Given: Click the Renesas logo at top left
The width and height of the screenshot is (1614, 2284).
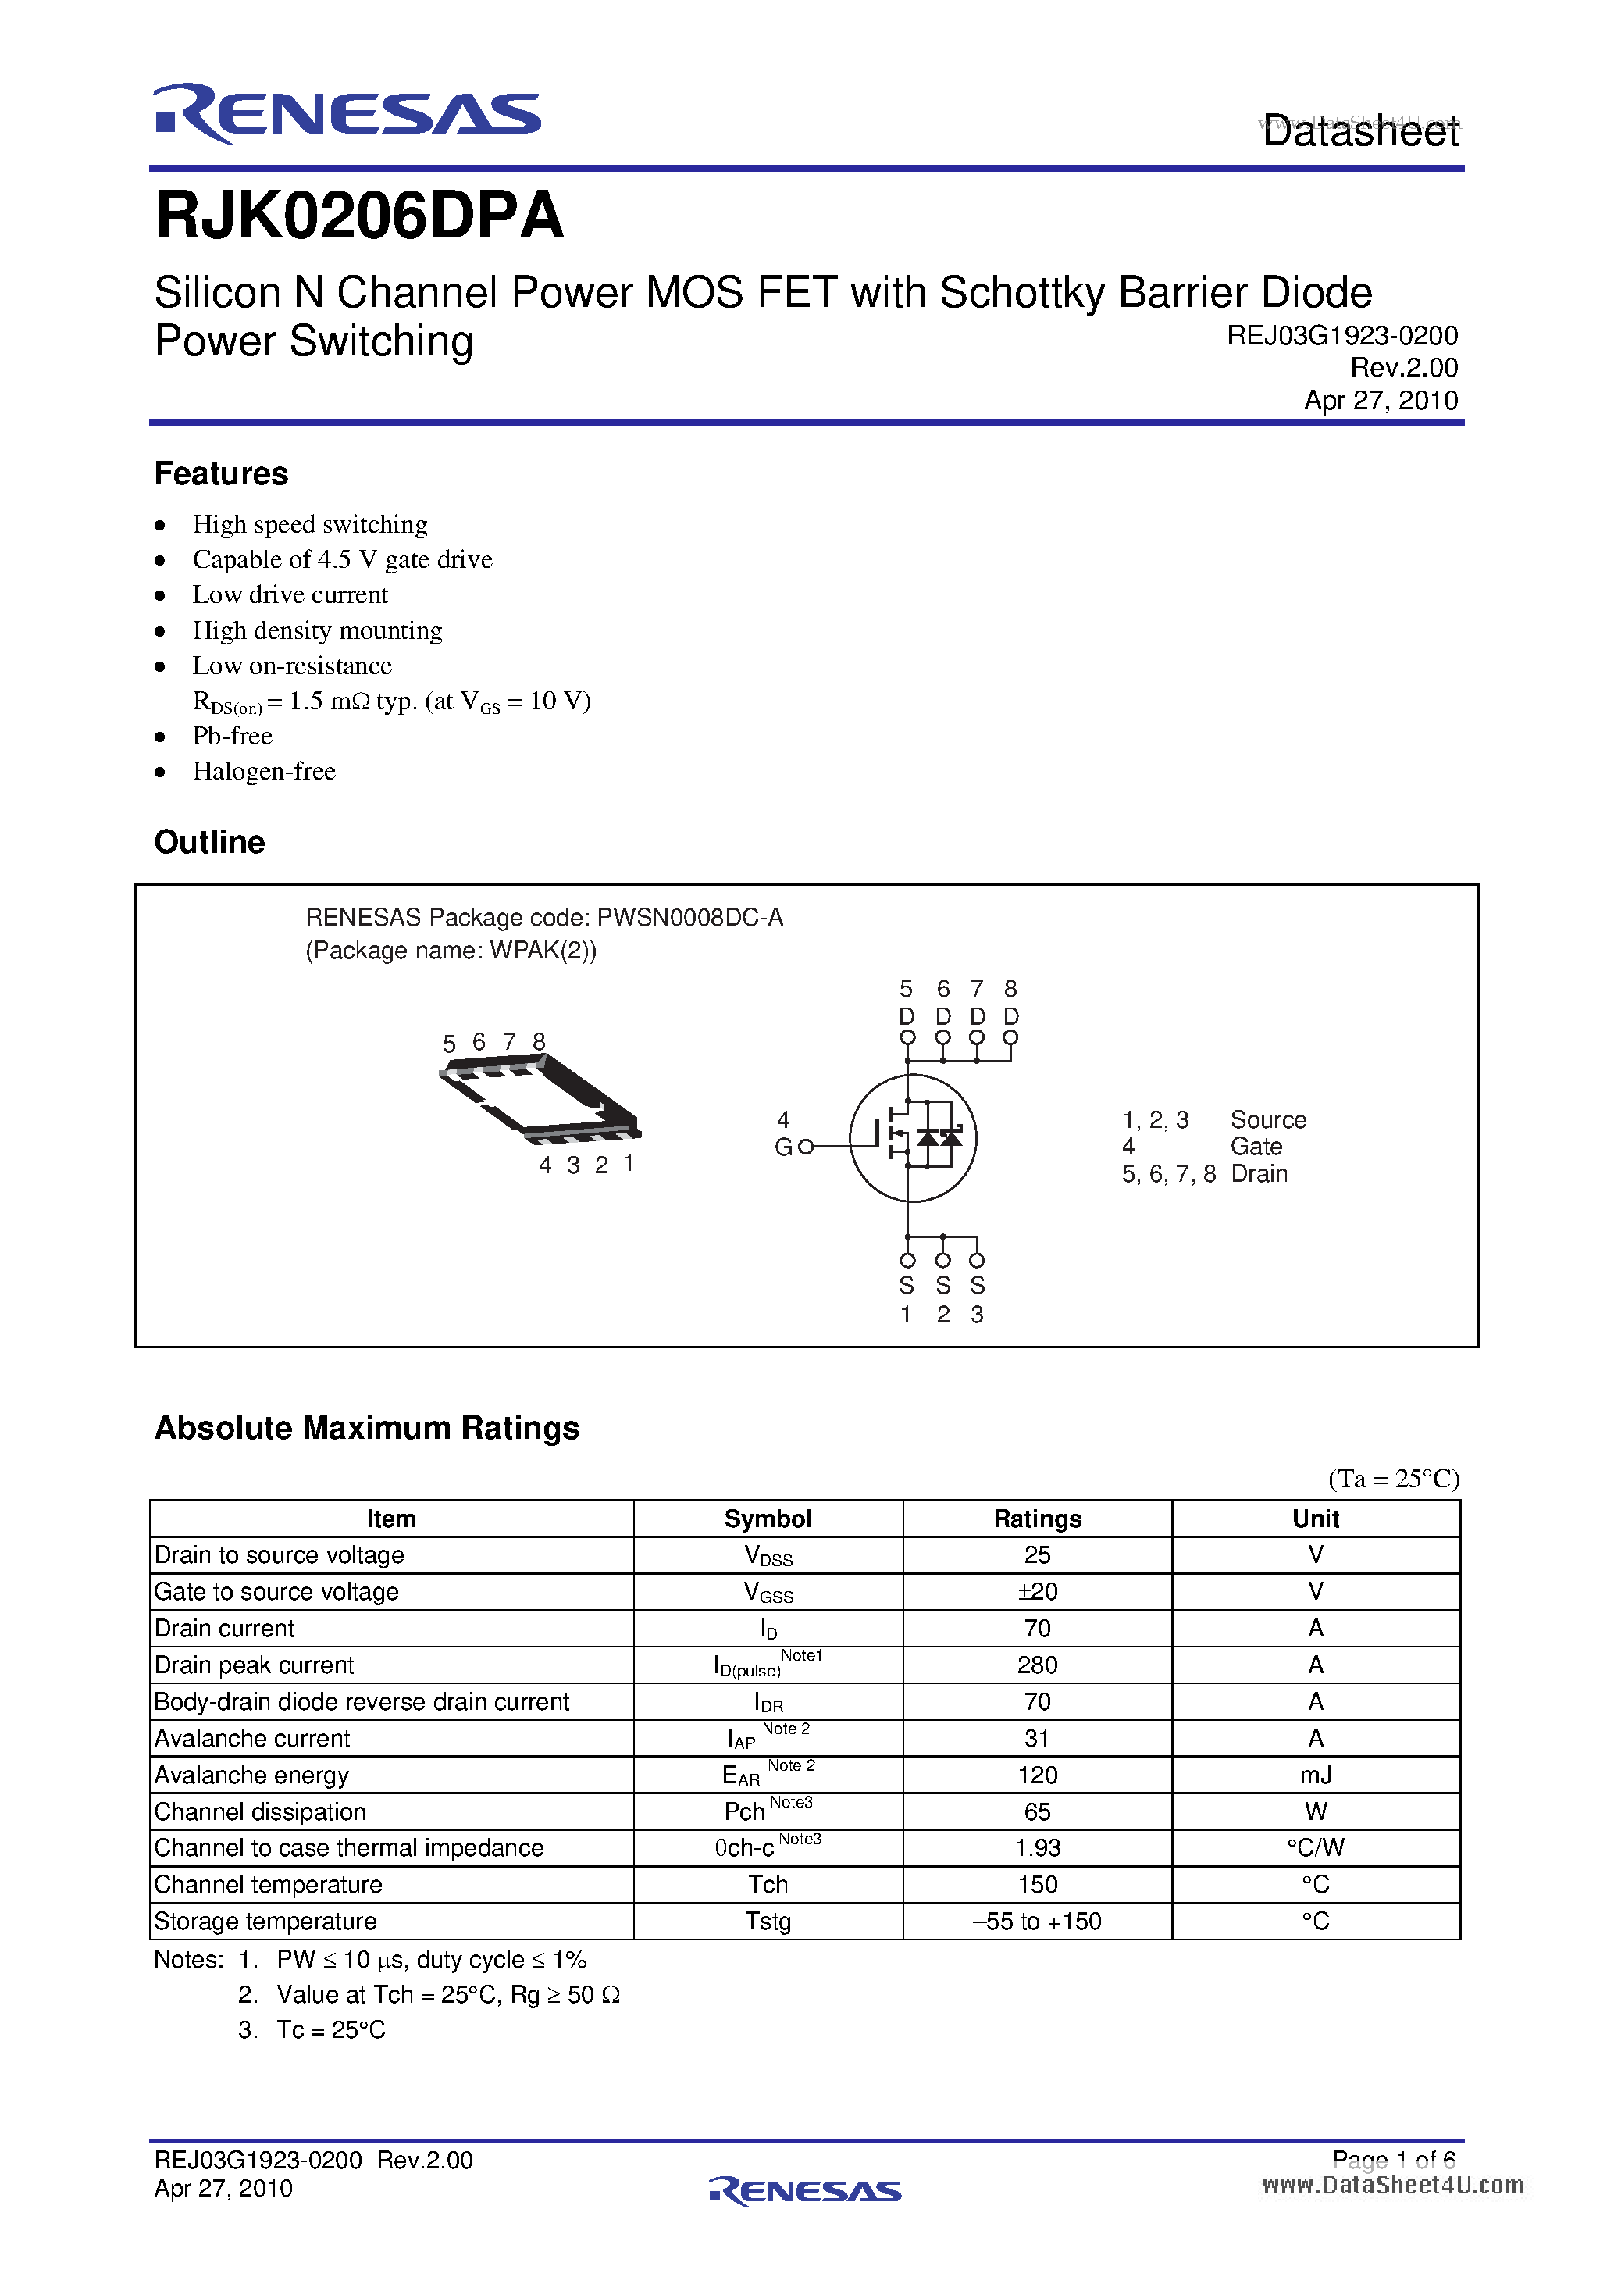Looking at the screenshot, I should pyautogui.click(x=346, y=112).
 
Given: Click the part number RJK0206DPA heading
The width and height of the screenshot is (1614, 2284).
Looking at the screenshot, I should pyautogui.click(x=359, y=216).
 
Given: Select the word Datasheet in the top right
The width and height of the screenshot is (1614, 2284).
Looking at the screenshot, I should pyautogui.click(x=1359, y=131).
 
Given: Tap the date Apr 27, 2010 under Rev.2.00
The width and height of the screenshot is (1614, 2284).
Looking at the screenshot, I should pyautogui.click(x=1381, y=400).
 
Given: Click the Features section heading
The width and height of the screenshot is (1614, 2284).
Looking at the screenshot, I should pyautogui.click(x=221, y=473).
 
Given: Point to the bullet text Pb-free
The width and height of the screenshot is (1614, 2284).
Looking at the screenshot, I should pyautogui.click(x=232, y=736).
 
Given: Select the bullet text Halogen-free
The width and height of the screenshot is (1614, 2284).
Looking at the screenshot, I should pyautogui.click(x=263, y=771).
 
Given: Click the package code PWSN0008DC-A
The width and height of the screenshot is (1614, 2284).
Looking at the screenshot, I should pyautogui.click(x=689, y=917).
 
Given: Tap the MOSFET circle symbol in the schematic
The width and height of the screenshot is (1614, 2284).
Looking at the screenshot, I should pyautogui.click(x=912, y=1137).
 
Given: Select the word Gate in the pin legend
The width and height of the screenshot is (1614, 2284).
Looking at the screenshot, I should pyautogui.click(x=1256, y=1147).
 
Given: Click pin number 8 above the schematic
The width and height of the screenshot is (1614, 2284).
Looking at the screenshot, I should pyautogui.click(x=1010, y=989).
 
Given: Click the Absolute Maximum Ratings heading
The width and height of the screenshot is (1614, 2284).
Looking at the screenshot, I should pyautogui.click(x=366, y=1428).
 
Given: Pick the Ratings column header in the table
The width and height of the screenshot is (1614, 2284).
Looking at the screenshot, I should pyautogui.click(x=1036, y=1519).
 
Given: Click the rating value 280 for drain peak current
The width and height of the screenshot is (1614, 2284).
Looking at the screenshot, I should pyautogui.click(x=1036, y=1665).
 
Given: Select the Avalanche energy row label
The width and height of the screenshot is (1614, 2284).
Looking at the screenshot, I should pyautogui.click(x=251, y=1775).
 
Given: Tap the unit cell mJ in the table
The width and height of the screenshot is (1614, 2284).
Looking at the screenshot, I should pyautogui.click(x=1315, y=1775).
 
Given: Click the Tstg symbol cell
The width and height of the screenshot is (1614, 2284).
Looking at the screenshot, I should pyautogui.click(x=768, y=1922).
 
